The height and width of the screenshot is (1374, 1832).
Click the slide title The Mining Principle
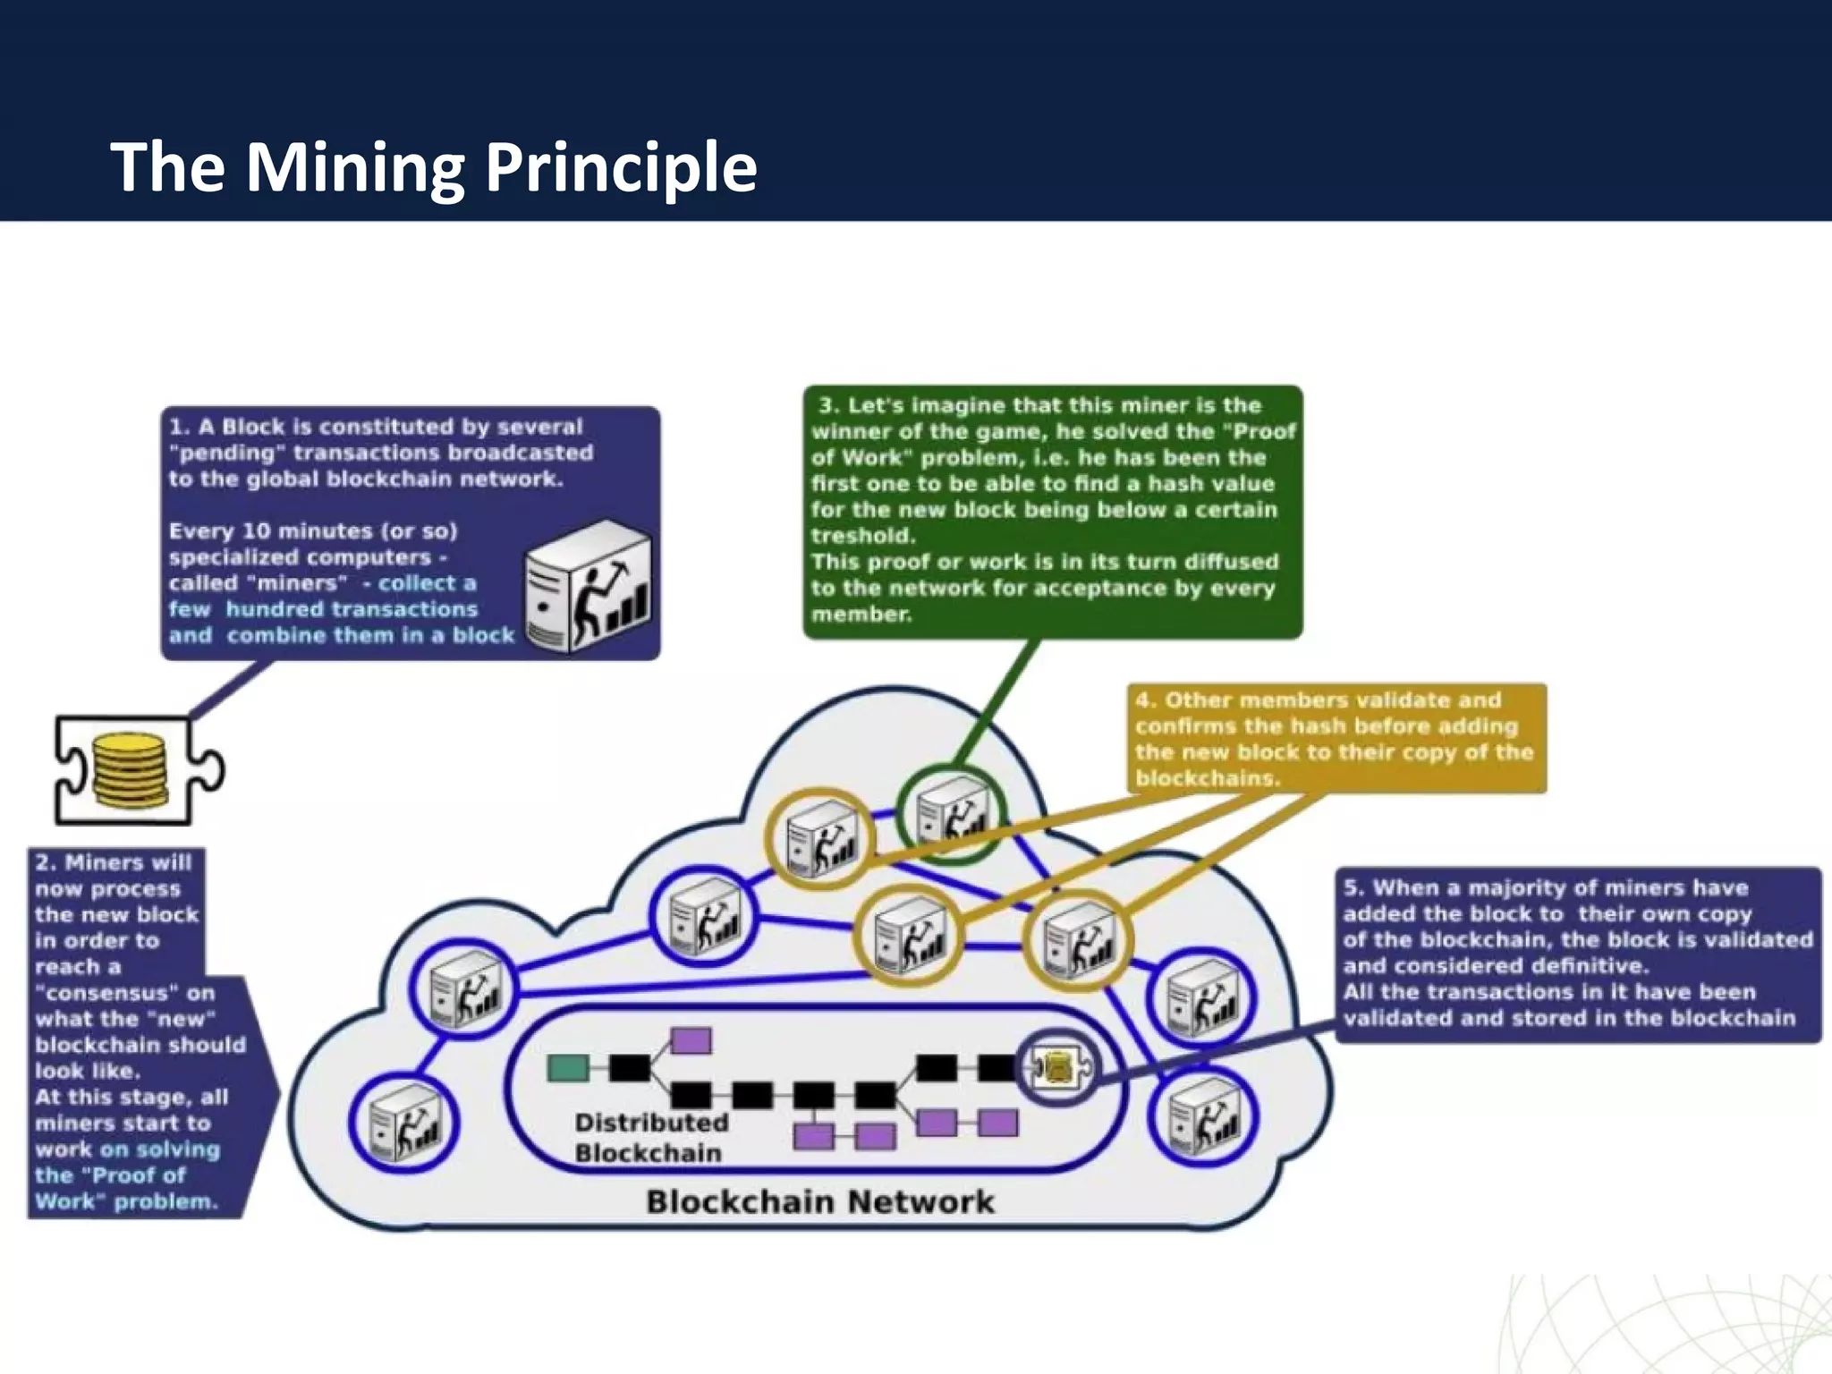coord(434,167)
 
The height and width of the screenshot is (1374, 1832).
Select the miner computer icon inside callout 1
coord(588,587)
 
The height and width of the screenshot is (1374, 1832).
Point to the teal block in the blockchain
coord(567,1067)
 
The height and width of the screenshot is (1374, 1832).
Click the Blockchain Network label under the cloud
coord(819,1201)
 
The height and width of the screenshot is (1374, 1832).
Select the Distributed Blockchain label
coord(650,1137)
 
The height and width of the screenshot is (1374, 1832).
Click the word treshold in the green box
coord(863,536)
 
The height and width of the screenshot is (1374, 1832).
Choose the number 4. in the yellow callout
coord(1145,700)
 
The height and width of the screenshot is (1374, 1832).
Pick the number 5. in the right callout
coord(1353,888)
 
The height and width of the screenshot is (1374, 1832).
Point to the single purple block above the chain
coord(691,1040)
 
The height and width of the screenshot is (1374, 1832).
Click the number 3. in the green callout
coord(828,405)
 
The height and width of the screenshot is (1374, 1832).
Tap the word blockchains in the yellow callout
coord(1206,778)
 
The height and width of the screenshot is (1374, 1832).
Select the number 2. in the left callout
coord(46,863)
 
